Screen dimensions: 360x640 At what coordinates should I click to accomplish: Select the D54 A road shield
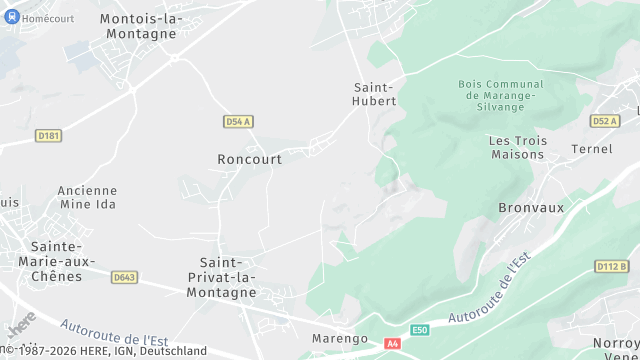coord(237,121)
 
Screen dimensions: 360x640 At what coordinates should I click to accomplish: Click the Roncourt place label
coord(249,159)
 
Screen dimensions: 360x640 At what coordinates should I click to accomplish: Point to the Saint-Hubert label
coord(375,94)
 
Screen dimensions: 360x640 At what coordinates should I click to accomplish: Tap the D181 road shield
coord(48,135)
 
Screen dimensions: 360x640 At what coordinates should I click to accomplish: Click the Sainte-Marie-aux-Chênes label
coord(56,261)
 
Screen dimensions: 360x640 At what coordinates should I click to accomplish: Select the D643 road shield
coord(125,277)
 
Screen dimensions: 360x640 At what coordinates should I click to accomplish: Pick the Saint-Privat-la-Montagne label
coord(221,277)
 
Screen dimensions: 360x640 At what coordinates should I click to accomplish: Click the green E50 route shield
coord(421,330)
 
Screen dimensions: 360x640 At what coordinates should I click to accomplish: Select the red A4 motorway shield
coord(392,344)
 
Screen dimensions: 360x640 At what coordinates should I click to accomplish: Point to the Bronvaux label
coord(531,208)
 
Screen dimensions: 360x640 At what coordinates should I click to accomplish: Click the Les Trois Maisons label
coord(517,147)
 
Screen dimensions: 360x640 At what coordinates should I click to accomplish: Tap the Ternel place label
coord(591,149)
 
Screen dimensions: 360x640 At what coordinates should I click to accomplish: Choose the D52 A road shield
coord(604,121)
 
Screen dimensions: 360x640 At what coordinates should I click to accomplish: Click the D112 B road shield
coord(611,266)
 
